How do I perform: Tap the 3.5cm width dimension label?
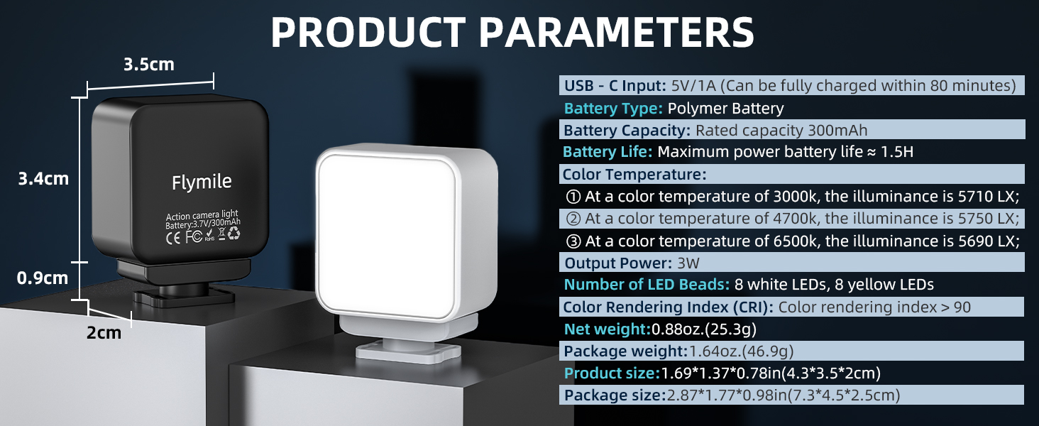(148, 65)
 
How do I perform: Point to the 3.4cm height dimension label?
(43, 178)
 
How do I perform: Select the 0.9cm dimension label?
(43, 278)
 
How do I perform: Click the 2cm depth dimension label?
(104, 332)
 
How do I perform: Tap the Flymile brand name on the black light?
(202, 182)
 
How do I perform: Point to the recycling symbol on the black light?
(233, 235)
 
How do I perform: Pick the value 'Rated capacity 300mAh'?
(781, 131)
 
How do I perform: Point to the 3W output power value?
(688, 263)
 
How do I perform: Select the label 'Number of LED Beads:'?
(647, 285)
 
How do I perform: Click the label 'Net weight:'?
(607, 329)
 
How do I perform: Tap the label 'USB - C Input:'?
(615, 87)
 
